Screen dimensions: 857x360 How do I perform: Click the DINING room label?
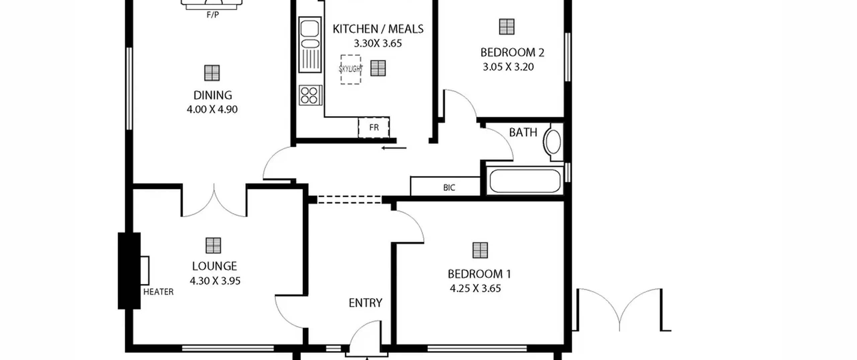tap(213, 95)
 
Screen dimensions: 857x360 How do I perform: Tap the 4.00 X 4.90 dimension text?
tap(212, 110)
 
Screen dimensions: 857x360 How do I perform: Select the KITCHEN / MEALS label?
tap(378, 29)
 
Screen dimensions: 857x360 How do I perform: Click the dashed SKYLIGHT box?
tap(350, 69)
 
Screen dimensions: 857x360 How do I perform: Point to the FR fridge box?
tap(374, 128)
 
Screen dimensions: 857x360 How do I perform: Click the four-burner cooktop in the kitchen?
tap(310, 95)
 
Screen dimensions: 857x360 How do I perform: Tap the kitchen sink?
tap(310, 45)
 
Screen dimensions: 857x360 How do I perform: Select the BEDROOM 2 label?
tap(512, 53)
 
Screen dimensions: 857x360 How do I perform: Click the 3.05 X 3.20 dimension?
tap(508, 67)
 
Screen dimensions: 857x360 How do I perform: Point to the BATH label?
tap(523, 133)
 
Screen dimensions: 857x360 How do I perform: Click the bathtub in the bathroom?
tap(525, 181)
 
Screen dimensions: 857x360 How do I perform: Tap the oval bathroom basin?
tap(553, 142)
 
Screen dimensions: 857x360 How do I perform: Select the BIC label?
tap(449, 188)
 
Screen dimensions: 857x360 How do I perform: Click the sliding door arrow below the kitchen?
tap(394, 148)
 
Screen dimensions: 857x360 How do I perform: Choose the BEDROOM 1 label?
tap(479, 274)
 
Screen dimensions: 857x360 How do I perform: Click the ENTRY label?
tap(365, 303)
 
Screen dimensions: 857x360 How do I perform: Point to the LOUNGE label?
tap(214, 266)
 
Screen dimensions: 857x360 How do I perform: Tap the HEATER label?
tap(158, 292)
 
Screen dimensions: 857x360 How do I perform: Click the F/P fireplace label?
tap(213, 15)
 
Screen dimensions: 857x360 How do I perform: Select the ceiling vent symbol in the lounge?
tap(213, 245)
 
